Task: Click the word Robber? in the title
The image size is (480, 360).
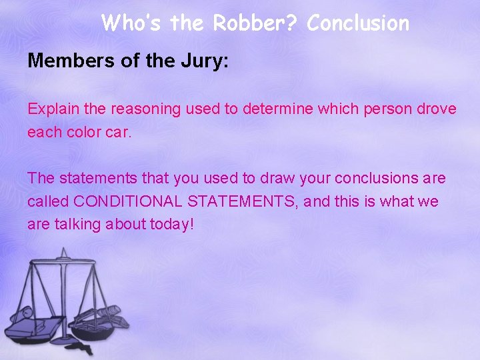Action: coord(256,24)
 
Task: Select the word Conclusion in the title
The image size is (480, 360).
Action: coord(358,24)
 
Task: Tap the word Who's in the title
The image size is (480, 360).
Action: coord(133,24)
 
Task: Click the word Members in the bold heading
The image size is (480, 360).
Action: coord(65,62)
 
